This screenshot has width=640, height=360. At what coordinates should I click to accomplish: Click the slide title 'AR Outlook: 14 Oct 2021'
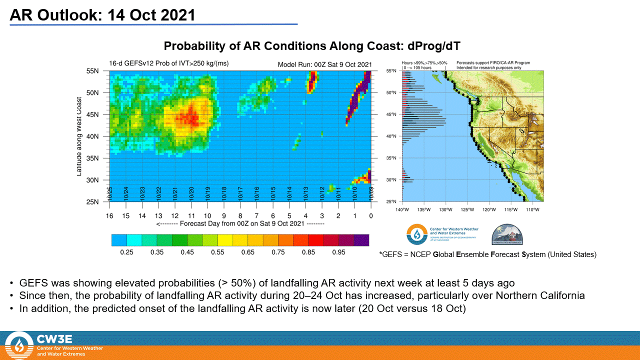102,15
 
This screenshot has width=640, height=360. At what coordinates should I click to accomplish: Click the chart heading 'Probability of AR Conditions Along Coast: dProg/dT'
312,46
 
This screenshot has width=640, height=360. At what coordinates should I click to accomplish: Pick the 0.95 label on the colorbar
339,252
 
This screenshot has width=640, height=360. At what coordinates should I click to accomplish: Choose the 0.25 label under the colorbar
127,252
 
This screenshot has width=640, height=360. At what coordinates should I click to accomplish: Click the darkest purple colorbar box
361,240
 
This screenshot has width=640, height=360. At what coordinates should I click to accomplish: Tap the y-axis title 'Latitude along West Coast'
79,136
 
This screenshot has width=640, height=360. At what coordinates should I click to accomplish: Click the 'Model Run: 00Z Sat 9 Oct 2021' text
324,64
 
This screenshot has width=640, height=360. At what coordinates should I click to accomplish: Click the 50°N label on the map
392,93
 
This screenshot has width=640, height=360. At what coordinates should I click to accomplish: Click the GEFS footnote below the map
488,254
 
